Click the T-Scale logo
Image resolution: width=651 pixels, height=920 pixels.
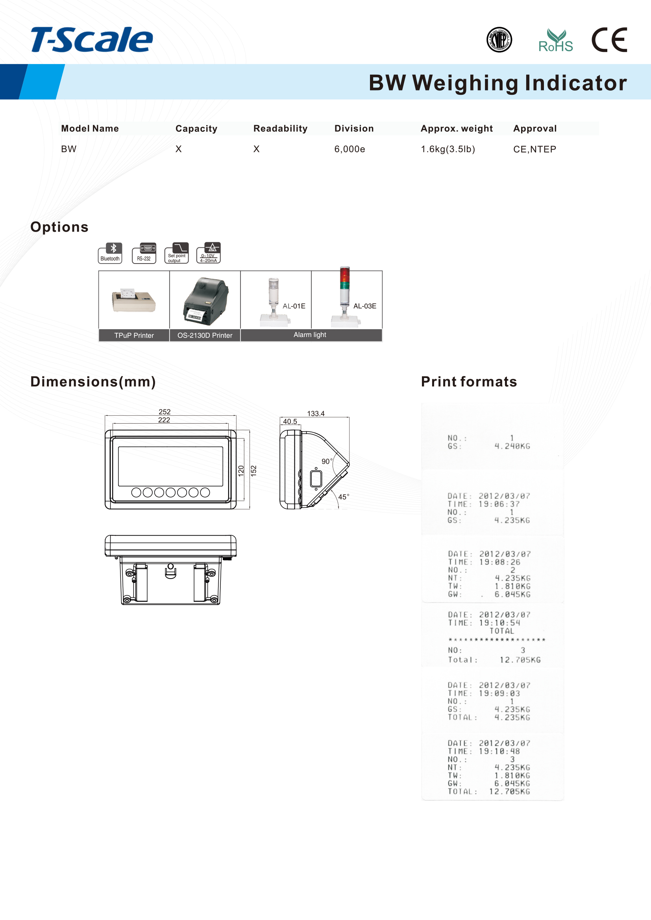[92, 40]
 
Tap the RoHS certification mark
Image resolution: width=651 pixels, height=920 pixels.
[555, 41]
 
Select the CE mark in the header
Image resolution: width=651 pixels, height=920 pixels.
[609, 40]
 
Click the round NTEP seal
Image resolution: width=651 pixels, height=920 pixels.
[499, 40]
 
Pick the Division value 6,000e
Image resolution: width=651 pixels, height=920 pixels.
[350, 149]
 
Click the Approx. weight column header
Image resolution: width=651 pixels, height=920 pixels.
[457, 129]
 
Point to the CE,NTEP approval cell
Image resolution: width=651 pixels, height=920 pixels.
[534, 149]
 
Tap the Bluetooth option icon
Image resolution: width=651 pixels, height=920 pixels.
[110, 253]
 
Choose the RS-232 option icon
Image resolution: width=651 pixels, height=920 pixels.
[144, 253]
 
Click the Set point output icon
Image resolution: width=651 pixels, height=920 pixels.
[177, 253]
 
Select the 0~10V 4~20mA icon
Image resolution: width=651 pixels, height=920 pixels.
[209, 253]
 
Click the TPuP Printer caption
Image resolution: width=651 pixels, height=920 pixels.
[134, 336]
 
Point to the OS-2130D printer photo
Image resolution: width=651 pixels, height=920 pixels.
[205, 301]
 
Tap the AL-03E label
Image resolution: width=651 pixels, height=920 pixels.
[365, 306]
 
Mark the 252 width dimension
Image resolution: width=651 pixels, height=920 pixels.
[165, 412]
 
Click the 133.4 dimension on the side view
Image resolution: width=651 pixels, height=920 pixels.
[316, 413]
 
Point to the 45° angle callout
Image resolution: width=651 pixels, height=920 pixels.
[344, 497]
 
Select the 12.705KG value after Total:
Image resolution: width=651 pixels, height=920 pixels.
[520, 660]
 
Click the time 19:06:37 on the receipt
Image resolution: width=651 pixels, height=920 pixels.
[499, 504]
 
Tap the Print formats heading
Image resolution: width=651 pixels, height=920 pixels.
[469, 382]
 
